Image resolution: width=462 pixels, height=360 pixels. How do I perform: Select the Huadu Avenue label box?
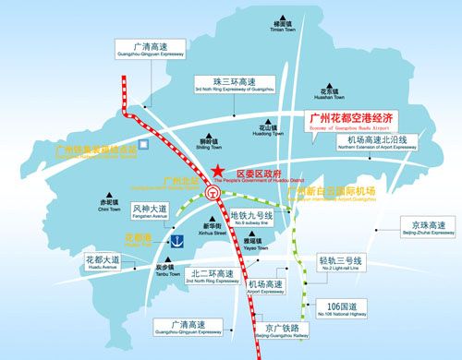click(x=102, y=264)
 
